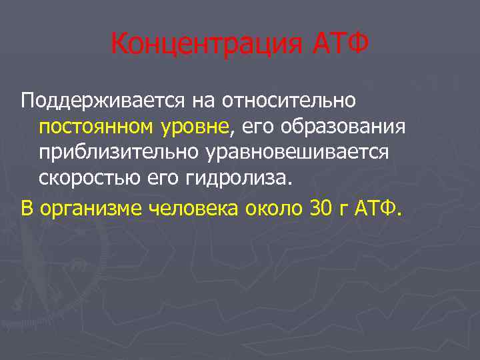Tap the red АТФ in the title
coord(341,45)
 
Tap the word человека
coord(193,209)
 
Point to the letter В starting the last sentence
coord(27,209)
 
